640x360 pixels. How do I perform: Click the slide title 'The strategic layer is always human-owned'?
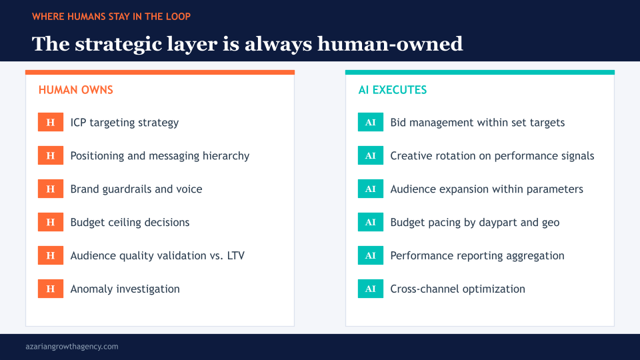coord(247,44)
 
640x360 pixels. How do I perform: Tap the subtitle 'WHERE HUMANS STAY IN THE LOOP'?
coord(111,16)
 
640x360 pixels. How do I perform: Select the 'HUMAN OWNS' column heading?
coord(76,90)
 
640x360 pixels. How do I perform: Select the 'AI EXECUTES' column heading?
coord(393,90)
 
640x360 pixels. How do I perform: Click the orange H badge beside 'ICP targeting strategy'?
coord(51,123)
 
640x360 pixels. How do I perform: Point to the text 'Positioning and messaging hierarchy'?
coord(159,156)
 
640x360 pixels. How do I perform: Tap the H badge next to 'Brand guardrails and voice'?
coord(51,189)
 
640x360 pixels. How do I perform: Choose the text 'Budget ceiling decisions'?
coord(130,223)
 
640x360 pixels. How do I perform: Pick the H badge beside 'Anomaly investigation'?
coord(51,289)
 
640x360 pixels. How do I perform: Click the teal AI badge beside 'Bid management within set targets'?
coord(371,123)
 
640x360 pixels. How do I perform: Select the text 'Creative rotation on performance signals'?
coord(492,156)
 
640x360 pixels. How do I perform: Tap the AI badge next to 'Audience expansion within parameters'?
coord(371,189)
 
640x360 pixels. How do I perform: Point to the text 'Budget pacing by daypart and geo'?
coord(475,223)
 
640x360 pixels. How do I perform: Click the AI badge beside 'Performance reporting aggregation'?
coord(371,256)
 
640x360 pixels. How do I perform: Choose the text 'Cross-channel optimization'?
coord(457,289)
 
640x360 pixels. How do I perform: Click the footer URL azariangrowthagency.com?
coord(71,347)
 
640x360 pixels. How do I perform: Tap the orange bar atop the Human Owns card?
coord(160,72)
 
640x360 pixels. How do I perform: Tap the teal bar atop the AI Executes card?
coord(480,72)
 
